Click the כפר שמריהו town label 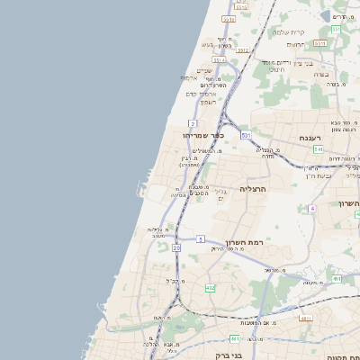(189, 136)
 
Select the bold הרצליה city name (255, 189)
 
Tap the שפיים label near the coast (205, 70)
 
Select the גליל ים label (222, 193)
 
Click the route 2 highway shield (193, 121)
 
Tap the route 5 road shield (201, 238)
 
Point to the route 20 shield (176, 247)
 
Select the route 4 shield (312, 208)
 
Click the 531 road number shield (246, 135)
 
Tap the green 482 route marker (210, 288)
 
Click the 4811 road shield (306, 318)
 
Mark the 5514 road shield (229, 19)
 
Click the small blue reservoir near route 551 (325, 15)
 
